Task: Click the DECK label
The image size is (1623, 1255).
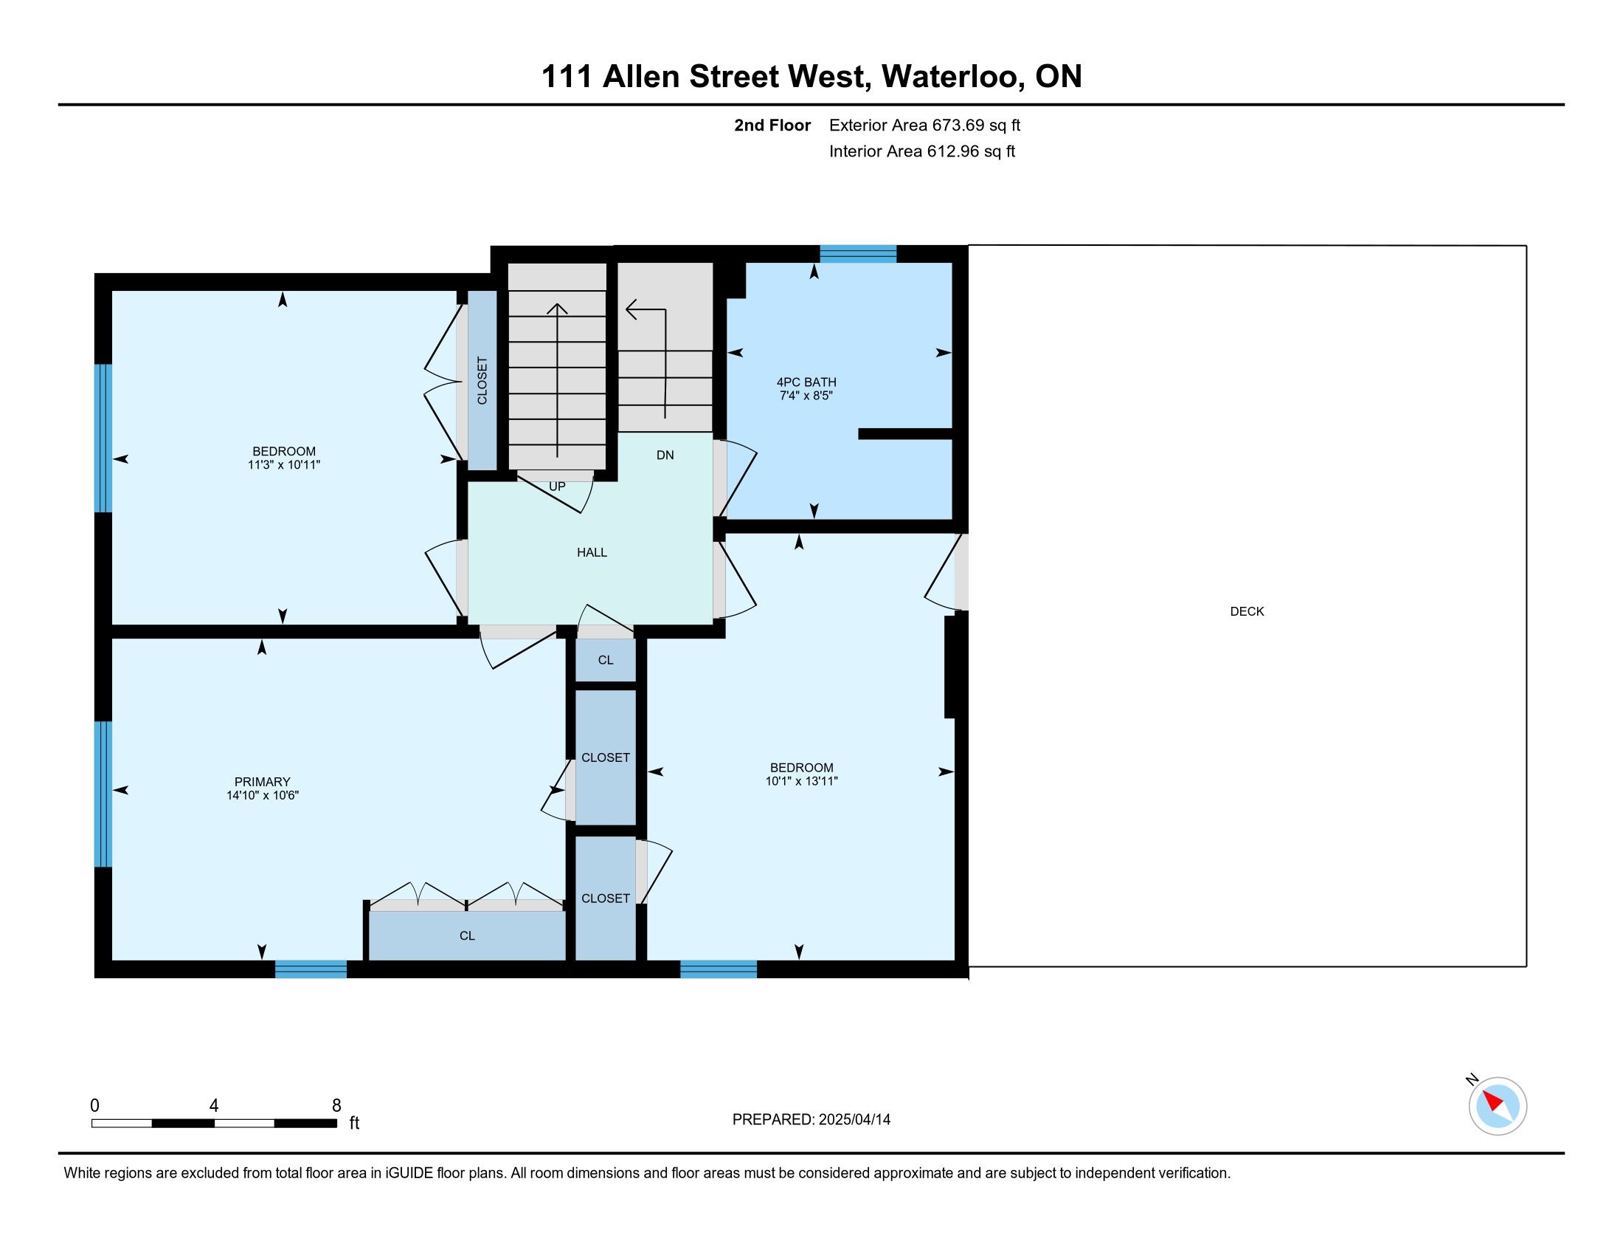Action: click(x=1246, y=611)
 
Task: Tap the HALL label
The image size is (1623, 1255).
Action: click(x=592, y=552)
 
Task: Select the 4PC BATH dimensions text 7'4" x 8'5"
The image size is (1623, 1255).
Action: click(x=806, y=396)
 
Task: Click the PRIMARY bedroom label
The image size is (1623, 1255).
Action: click(x=262, y=781)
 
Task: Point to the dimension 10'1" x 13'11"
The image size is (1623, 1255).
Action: click(x=801, y=780)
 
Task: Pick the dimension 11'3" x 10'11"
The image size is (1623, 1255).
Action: click(x=283, y=464)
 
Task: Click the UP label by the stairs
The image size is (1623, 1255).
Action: click(x=556, y=486)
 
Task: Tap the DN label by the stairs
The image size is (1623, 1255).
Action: click(x=665, y=455)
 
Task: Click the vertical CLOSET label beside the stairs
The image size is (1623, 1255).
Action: click(x=482, y=381)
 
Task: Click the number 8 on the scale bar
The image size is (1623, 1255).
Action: click(x=336, y=1105)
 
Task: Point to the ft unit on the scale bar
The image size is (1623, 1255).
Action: click(x=354, y=1123)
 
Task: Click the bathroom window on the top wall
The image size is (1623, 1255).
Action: click(x=857, y=253)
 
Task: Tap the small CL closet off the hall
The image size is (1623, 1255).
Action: click(x=606, y=659)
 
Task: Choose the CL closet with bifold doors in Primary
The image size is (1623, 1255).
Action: click(x=467, y=935)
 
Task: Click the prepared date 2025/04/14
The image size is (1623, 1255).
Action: click(x=854, y=1119)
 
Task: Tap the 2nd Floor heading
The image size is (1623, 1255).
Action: click(x=772, y=125)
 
